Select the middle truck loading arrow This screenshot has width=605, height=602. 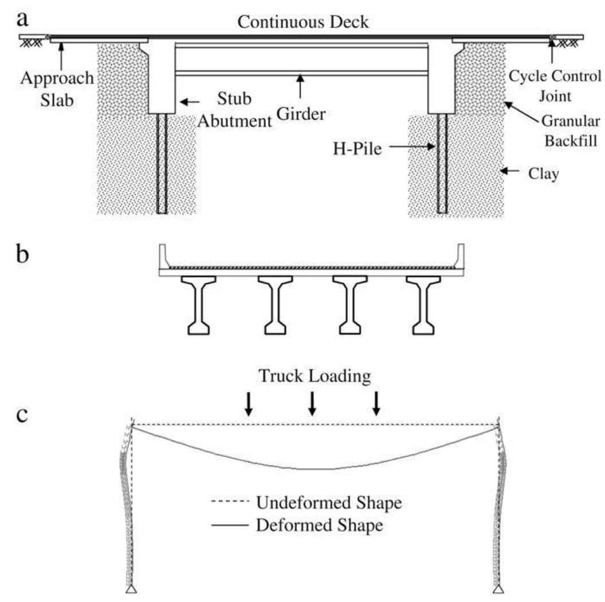[312, 404]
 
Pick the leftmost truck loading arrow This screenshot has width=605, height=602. [248, 404]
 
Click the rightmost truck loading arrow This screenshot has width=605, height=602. [376, 404]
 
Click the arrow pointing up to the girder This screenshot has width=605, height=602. [300, 86]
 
